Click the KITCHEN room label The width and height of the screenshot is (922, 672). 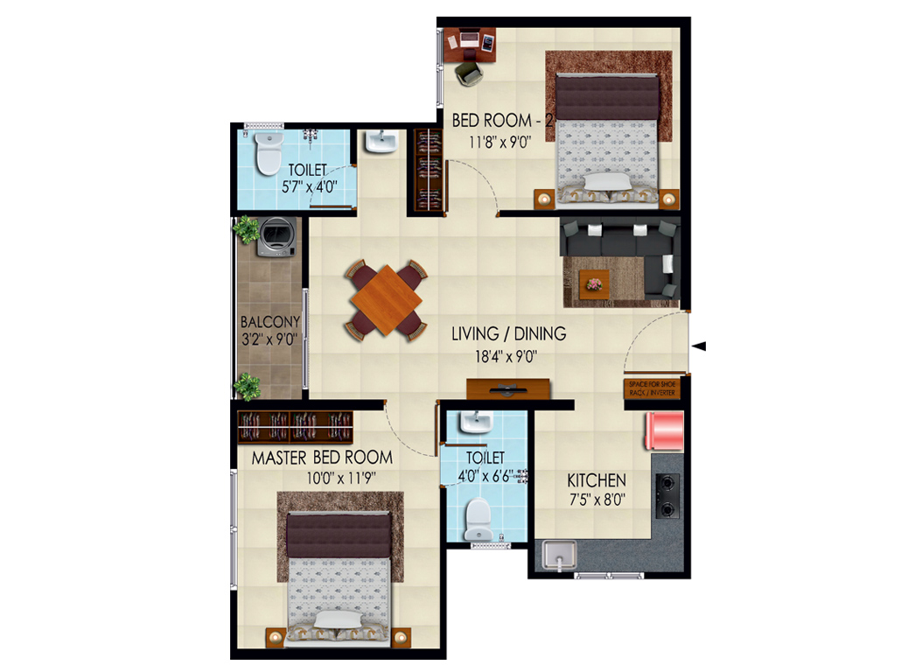[597, 480]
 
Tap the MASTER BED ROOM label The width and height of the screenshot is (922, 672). [322, 458]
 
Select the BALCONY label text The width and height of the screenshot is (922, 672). [270, 321]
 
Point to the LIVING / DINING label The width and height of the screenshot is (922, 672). [508, 333]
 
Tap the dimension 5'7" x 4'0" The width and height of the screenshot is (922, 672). [311, 187]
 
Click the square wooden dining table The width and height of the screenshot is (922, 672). [386, 300]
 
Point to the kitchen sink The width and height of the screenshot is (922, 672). [558, 556]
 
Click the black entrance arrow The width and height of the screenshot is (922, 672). [699, 346]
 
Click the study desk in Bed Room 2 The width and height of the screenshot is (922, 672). [471, 44]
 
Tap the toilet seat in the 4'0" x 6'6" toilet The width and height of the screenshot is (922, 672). [477, 518]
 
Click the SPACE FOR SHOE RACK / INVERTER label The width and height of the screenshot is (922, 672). [651, 388]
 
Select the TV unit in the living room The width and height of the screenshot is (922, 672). [507, 388]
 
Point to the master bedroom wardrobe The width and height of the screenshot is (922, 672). [296, 426]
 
